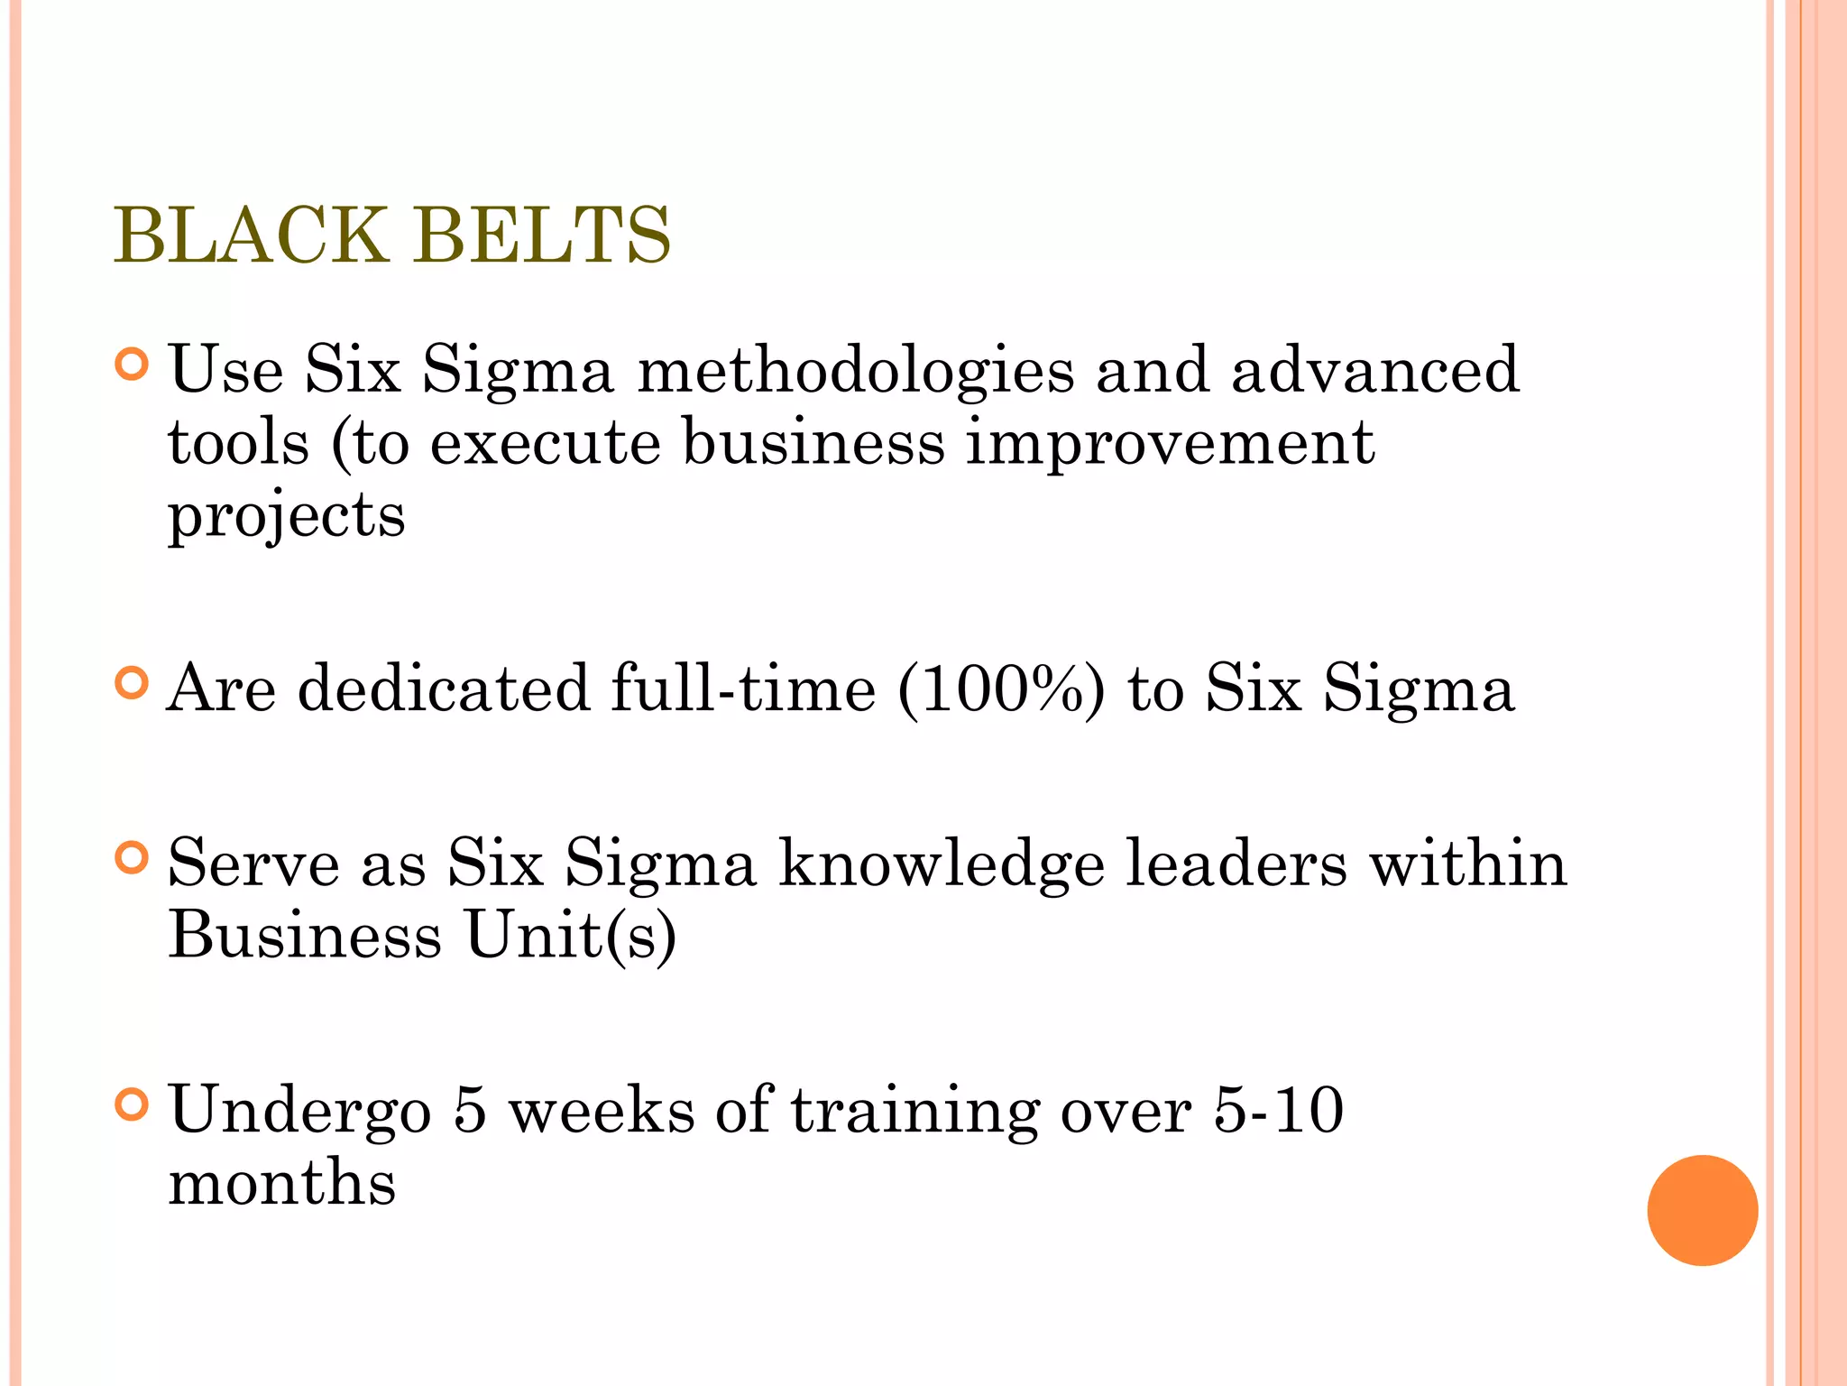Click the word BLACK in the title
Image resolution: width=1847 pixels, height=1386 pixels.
pyautogui.click(x=250, y=236)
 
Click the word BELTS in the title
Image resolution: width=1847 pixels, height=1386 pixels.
pyautogui.click(x=543, y=236)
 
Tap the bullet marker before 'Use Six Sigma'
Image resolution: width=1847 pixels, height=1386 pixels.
pyautogui.click(x=132, y=365)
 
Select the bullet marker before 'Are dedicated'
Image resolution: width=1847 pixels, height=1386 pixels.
pyautogui.click(x=132, y=683)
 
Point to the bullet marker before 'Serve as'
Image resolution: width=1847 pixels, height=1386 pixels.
pyautogui.click(x=132, y=857)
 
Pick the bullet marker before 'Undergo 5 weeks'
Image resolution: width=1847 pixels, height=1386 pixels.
pyautogui.click(x=132, y=1104)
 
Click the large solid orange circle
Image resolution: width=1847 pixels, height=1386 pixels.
pyautogui.click(x=1702, y=1210)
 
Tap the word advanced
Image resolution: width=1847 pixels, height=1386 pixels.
pyautogui.click(x=1375, y=370)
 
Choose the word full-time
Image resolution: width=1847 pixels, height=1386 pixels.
pyautogui.click(x=743, y=688)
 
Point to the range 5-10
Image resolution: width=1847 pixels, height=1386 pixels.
pyautogui.click(x=1278, y=1110)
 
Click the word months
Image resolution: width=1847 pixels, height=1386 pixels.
pyautogui.click(x=282, y=1182)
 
